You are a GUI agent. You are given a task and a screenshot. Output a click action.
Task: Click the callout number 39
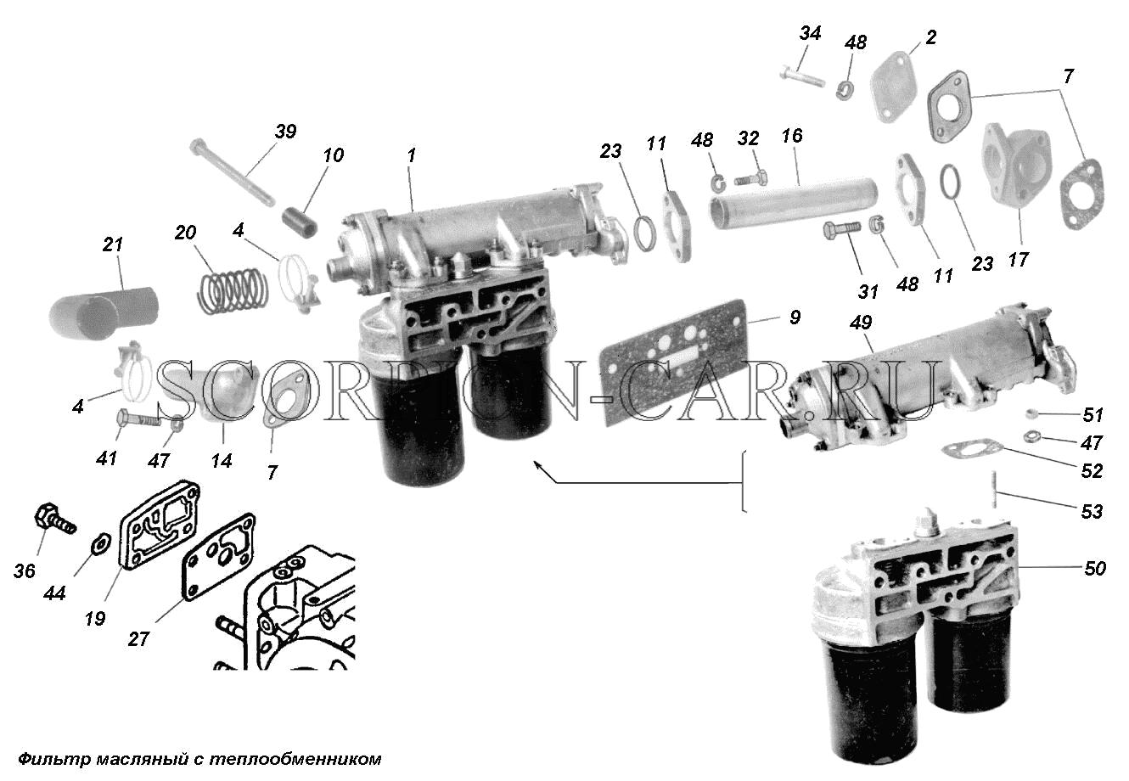tap(286, 132)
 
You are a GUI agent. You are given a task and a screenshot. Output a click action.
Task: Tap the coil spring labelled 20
tap(232, 291)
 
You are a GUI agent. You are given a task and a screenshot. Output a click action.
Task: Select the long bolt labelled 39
tap(233, 174)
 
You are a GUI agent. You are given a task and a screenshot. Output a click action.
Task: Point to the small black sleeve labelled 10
tap(300, 222)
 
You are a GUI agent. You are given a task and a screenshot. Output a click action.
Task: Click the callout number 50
tap(1095, 568)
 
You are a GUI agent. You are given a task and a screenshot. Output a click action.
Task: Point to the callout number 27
tap(138, 639)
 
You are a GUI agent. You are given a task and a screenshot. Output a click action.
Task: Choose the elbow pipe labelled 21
tap(103, 313)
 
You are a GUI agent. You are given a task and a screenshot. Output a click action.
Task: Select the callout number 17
tap(1018, 260)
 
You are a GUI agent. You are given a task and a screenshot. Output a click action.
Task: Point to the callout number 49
tap(861, 323)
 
